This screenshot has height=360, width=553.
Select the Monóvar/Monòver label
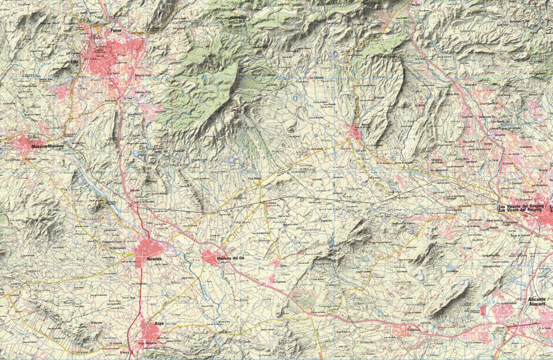(48, 147)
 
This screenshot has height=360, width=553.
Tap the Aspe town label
(159, 323)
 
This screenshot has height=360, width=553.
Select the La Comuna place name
(316, 78)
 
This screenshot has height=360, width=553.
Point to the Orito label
(283, 265)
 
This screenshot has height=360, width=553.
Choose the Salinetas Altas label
(143, 91)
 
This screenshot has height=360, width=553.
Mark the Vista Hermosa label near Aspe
(148, 343)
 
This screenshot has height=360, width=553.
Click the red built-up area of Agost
(355, 132)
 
